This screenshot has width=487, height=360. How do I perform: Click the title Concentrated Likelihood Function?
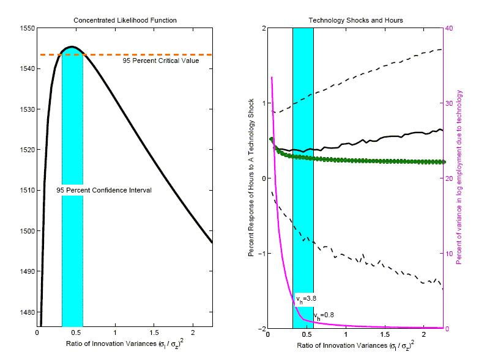(125, 20)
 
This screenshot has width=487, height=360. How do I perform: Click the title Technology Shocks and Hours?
(355, 20)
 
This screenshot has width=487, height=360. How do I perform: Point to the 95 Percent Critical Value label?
(161, 61)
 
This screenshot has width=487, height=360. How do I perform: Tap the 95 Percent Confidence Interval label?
(104, 191)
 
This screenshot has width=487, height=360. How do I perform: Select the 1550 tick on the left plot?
(27, 28)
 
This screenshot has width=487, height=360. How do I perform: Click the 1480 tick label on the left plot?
(27, 312)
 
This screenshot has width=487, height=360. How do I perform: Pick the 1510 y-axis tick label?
(27, 190)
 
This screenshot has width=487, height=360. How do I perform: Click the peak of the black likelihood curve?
(72, 46)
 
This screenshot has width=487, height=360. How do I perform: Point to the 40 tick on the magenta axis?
(451, 28)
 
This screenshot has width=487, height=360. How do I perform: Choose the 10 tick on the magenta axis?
(451, 254)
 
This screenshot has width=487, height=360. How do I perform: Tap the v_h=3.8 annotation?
(305, 299)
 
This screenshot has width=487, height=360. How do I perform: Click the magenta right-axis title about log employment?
(459, 178)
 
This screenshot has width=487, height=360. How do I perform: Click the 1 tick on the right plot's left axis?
(262, 103)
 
